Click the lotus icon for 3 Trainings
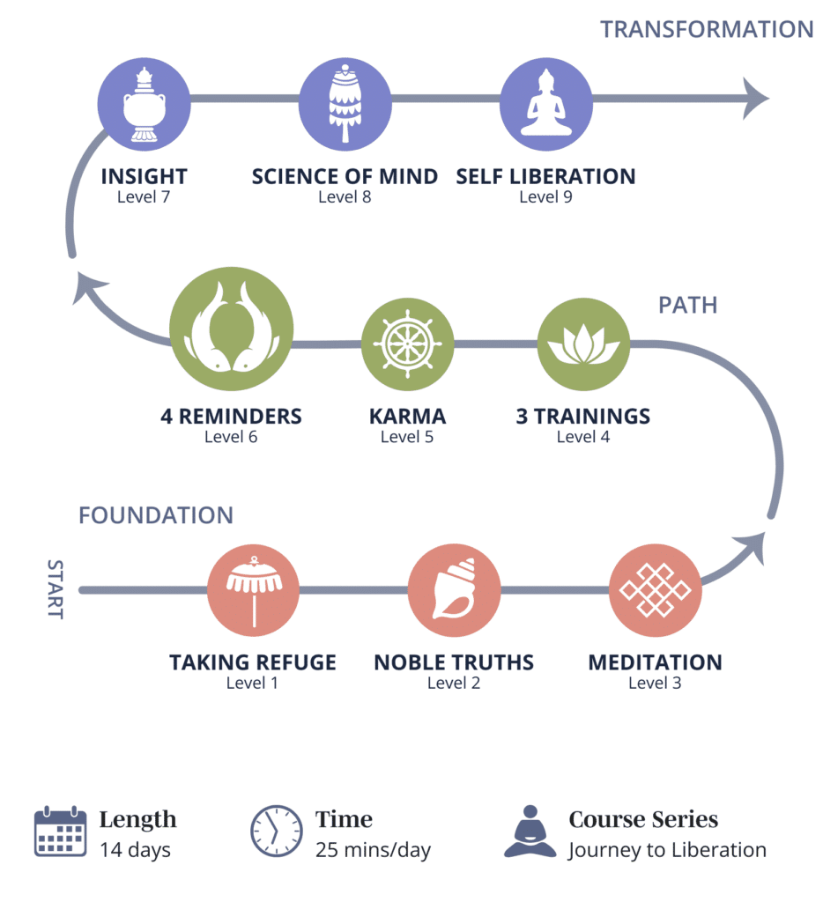583,344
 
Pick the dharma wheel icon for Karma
407,344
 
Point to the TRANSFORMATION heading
707,29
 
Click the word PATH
687,305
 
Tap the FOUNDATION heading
156,515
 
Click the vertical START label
55,588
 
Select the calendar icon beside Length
60,832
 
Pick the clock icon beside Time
276,832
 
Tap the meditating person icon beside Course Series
530,832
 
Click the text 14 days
135,850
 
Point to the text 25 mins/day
373,850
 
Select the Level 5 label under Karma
407,436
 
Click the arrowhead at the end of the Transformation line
755,98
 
